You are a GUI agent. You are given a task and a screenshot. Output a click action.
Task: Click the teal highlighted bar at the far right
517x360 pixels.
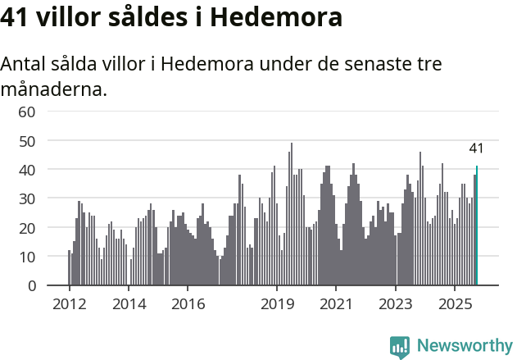click(x=477, y=226)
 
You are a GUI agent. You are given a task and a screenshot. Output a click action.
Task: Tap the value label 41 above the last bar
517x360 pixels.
click(x=476, y=148)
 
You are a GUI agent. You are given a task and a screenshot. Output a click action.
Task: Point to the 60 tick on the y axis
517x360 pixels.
click(x=27, y=112)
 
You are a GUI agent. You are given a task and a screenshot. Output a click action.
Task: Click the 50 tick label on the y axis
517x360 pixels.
click(x=27, y=141)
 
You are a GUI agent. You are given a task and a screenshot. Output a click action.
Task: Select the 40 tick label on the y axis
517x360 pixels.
click(x=27, y=170)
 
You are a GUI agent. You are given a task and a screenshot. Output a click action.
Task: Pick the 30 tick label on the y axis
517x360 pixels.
click(x=27, y=198)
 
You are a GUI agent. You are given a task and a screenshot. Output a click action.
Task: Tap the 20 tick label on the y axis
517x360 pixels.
click(x=27, y=228)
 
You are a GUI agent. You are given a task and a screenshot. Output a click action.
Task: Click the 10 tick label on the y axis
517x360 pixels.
click(x=27, y=257)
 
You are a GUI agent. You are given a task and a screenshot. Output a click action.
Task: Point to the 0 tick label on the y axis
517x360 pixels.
click(x=31, y=286)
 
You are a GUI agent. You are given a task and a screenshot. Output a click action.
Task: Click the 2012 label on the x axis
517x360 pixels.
click(x=69, y=304)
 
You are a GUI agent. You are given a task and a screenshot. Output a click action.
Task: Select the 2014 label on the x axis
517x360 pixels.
click(x=129, y=304)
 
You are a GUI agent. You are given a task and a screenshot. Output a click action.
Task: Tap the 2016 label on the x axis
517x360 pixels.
click(x=188, y=304)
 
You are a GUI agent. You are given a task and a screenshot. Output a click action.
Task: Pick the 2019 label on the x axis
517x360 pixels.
click(x=277, y=304)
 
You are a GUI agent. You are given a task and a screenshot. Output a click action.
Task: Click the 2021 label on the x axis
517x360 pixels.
click(x=336, y=304)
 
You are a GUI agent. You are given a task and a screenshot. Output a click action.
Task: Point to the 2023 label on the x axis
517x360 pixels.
click(x=396, y=304)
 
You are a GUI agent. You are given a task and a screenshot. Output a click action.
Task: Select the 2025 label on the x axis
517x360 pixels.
click(x=455, y=304)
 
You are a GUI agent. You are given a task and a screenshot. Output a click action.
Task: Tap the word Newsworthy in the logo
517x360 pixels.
click(x=465, y=346)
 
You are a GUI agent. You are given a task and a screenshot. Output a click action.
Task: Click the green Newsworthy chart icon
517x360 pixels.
click(x=400, y=347)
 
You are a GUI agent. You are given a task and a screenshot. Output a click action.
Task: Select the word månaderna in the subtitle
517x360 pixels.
click(x=53, y=89)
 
